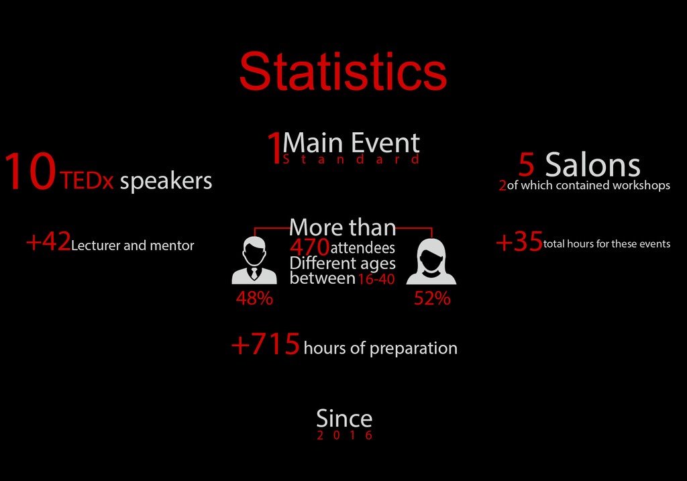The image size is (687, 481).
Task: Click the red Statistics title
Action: (343, 71)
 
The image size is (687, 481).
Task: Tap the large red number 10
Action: (30, 171)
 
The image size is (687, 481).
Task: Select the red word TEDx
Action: (87, 180)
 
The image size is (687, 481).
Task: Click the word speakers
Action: (166, 181)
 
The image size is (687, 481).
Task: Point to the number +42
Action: (48, 242)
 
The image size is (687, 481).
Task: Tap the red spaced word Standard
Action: (351, 159)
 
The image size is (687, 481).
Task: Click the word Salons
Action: (592, 165)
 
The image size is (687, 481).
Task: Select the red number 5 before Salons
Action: (527, 165)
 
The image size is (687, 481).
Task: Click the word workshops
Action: (641, 185)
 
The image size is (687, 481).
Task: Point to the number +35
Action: (519, 242)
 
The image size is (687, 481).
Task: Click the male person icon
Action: (254, 260)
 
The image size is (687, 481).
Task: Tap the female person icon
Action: (431, 262)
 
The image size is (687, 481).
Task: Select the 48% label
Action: (254, 299)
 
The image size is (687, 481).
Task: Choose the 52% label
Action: (432, 299)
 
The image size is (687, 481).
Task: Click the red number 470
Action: (309, 247)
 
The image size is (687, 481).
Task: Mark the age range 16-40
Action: (376, 279)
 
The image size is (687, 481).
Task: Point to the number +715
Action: (266, 344)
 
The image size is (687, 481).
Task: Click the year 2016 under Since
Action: (344, 435)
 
